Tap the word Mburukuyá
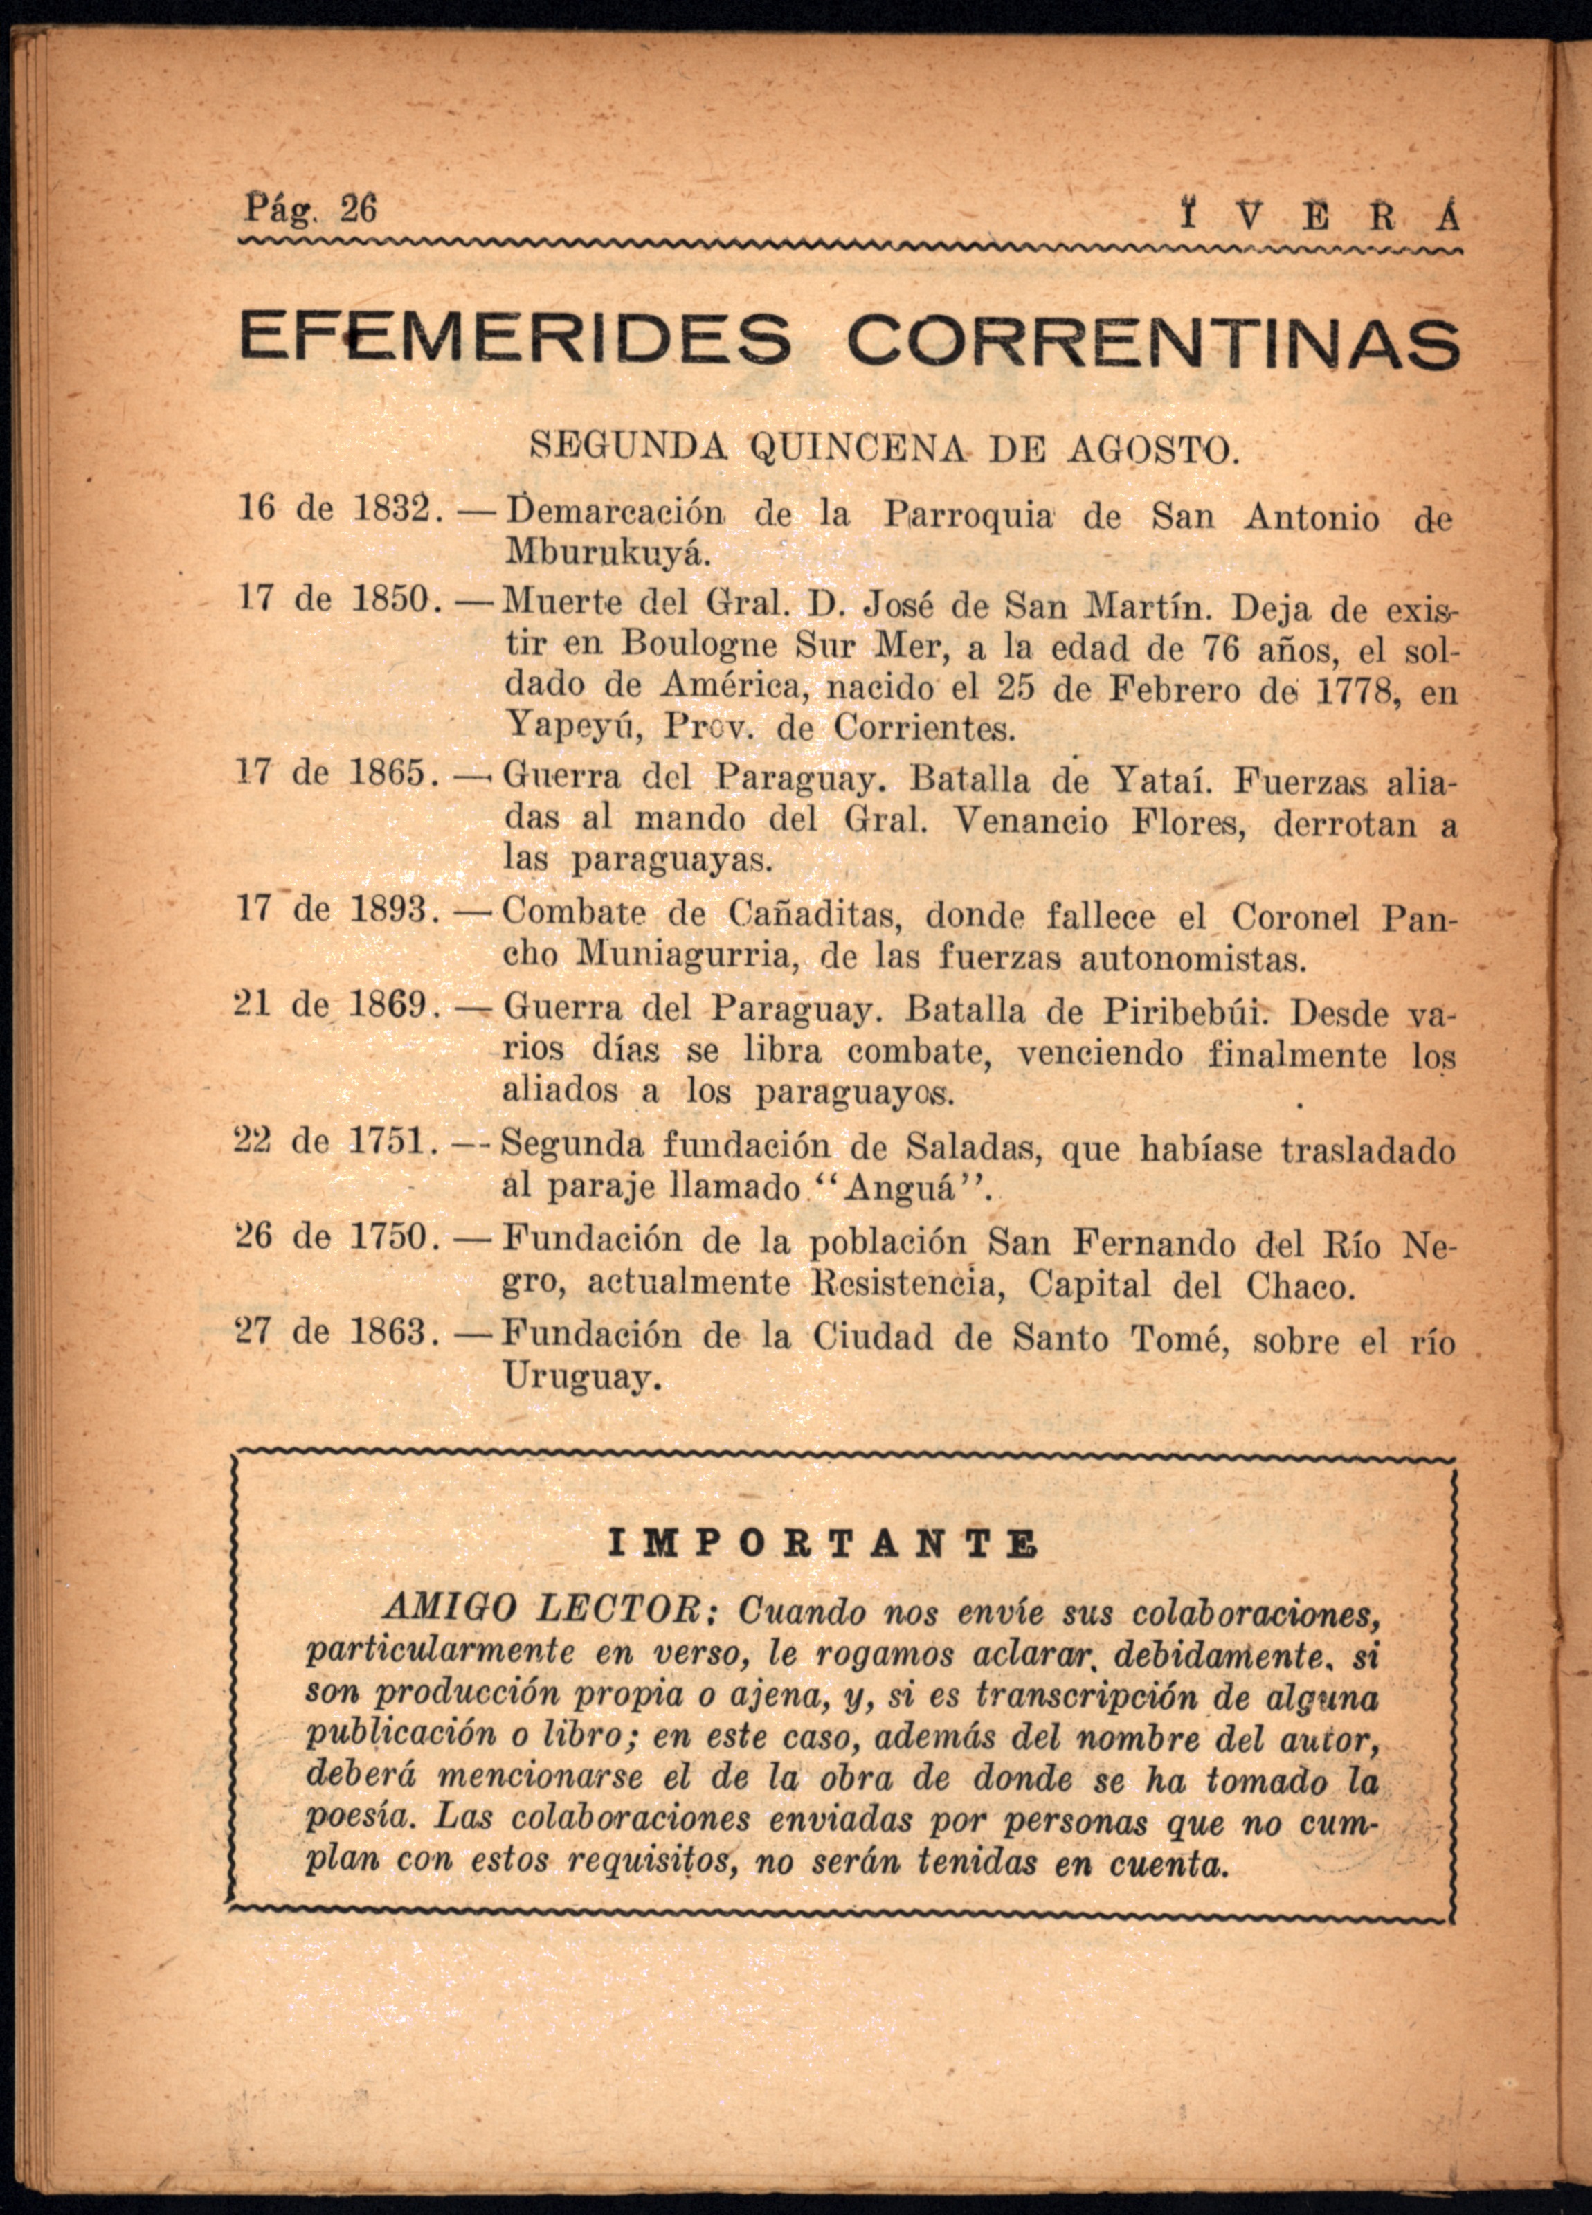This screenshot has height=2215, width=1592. pos(604,552)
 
